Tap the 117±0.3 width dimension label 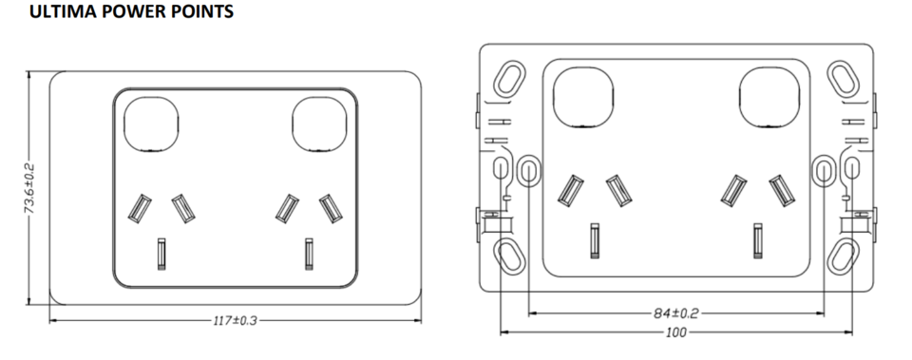(x=234, y=320)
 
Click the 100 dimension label (x=676, y=332)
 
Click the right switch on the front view (x=318, y=124)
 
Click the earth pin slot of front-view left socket (x=161, y=253)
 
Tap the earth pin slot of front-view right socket (x=308, y=253)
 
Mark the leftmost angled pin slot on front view (x=140, y=206)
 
